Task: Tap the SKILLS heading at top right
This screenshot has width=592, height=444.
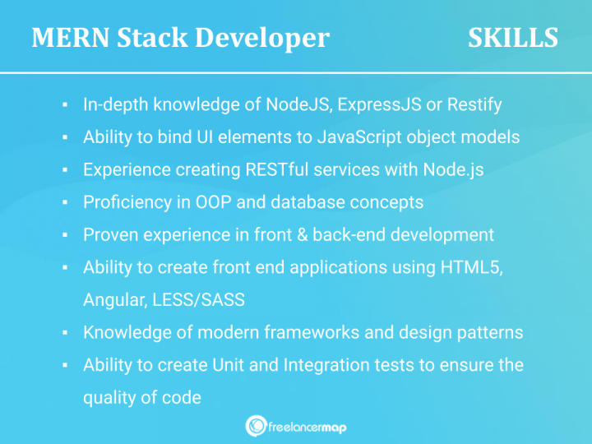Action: [x=513, y=38]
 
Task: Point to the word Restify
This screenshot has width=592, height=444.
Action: [x=474, y=105]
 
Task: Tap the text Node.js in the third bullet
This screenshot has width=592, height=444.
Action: [x=453, y=170]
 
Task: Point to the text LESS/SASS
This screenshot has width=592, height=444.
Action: [x=198, y=300]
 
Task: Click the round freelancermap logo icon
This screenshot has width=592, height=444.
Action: [x=256, y=425]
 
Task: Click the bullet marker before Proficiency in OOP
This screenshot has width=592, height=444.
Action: [x=64, y=203]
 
